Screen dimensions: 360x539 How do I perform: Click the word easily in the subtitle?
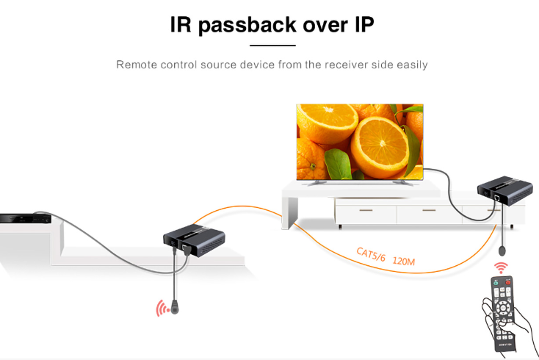click(411, 65)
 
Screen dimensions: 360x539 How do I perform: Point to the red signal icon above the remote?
click(501, 266)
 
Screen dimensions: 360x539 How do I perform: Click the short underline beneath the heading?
click(272, 46)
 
